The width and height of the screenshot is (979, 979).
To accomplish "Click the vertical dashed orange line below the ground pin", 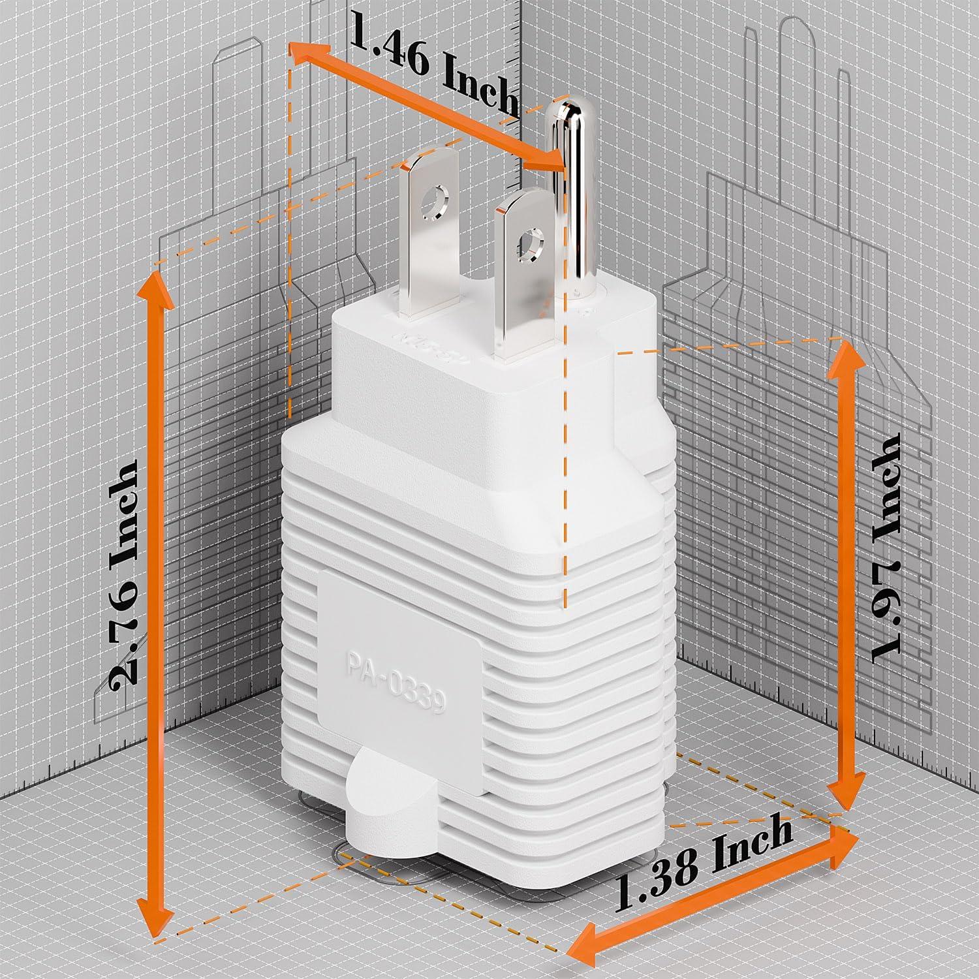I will click(x=565, y=457).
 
